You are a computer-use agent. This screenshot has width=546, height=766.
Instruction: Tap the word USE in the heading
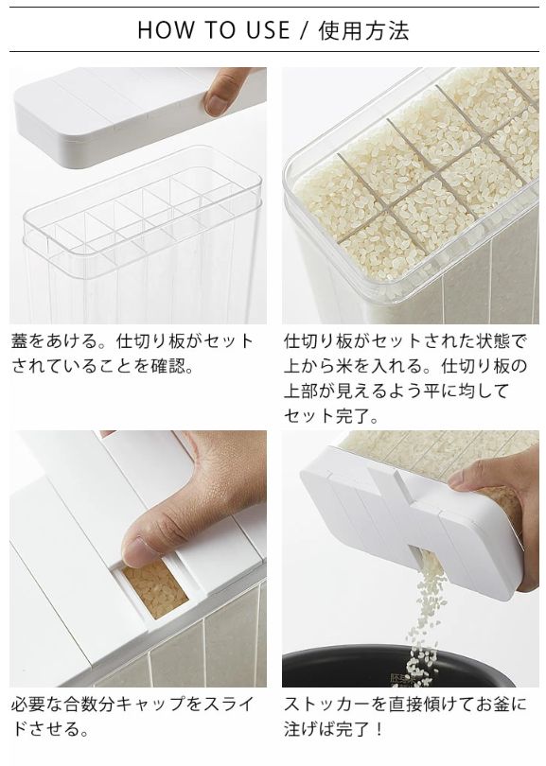[x=268, y=30]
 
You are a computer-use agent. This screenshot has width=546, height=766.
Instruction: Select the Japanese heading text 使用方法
[x=363, y=31]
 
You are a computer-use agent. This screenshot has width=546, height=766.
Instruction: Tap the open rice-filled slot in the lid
[x=154, y=589]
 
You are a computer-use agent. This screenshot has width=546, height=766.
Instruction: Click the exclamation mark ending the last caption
[x=379, y=729]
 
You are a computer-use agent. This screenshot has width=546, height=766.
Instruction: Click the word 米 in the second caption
[x=344, y=365]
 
